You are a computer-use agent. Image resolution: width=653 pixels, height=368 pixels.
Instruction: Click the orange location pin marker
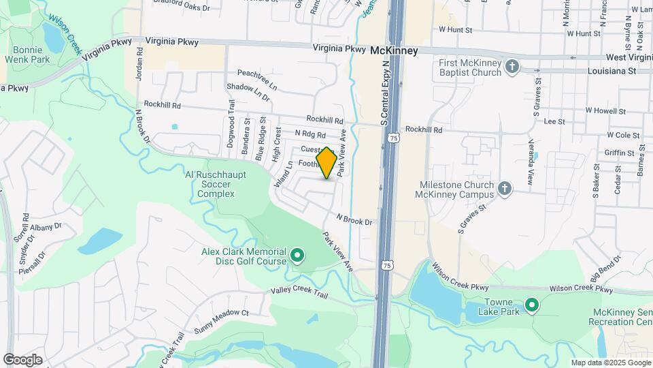coord(326,163)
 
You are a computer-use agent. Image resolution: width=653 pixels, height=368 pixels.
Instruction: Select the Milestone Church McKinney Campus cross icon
coord(504,189)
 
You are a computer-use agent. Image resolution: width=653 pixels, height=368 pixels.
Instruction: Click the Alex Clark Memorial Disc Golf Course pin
coord(297,256)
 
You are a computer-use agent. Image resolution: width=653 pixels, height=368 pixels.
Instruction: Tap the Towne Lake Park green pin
coord(531,305)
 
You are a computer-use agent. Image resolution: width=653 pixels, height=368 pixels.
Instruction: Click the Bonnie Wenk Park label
coord(28,55)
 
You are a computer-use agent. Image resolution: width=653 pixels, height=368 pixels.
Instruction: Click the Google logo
coord(22,359)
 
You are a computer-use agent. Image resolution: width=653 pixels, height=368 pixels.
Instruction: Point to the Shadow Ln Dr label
coord(248,92)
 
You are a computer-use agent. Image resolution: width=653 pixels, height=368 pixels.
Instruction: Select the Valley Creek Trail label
coord(299,294)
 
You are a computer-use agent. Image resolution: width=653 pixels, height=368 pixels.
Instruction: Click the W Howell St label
coord(605,110)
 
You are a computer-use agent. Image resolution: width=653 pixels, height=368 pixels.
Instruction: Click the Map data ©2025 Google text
coord(610,363)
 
